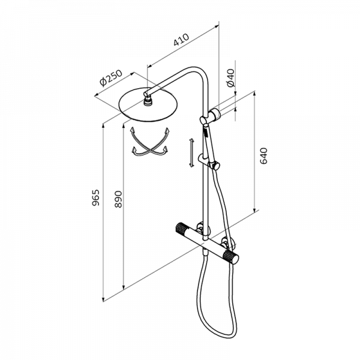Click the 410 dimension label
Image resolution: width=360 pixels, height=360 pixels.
pyautogui.click(x=181, y=40)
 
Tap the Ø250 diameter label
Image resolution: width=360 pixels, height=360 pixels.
pyautogui.click(x=110, y=78)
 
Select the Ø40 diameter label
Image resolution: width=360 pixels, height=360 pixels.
pyautogui.click(x=231, y=77)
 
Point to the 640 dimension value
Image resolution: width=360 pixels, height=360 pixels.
pyautogui.click(x=263, y=156)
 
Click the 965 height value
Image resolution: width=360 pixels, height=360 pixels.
pyautogui.click(x=95, y=197)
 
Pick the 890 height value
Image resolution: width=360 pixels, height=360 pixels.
pyautogui.click(x=118, y=199)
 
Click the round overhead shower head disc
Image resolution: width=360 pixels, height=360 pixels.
pyautogui.click(x=148, y=104)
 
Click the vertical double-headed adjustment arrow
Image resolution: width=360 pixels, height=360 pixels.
pyautogui.click(x=191, y=152)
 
